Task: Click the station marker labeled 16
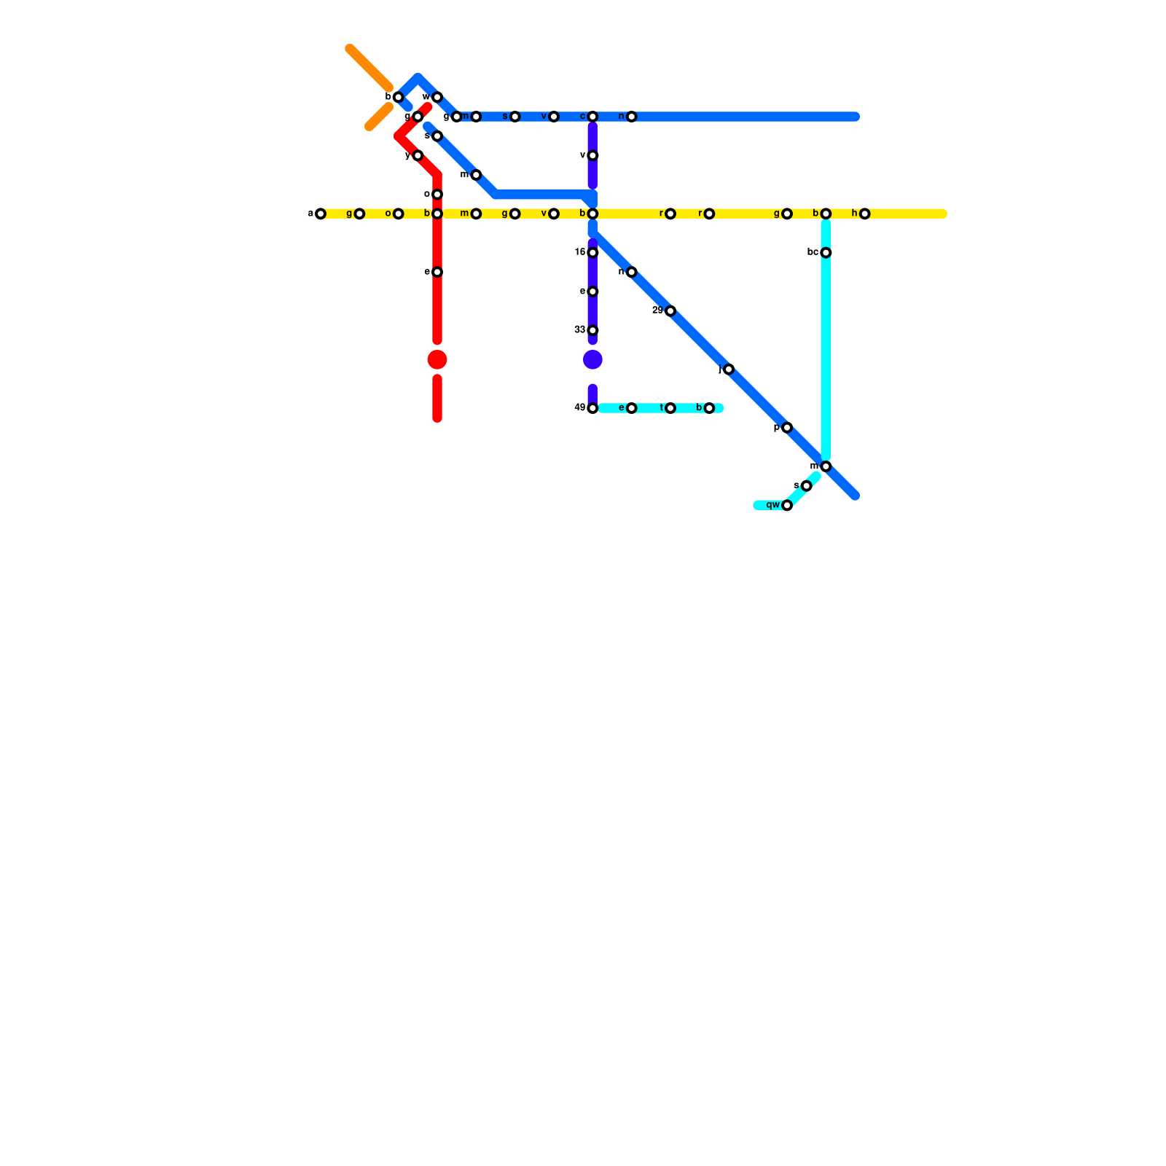pyautogui.click(x=592, y=253)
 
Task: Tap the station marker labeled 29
pyautogui.click(x=670, y=311)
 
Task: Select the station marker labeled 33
pyautogui.click(x=592, y=331)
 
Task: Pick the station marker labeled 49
pyautogui.click(x=592, y=408)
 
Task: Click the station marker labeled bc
pyautogui.click(x=826, y=253)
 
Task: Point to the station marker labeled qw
pyautogui.click(x=787, y=506)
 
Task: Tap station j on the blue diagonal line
pyautogui.click(x=728, y=369)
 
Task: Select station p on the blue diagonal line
pyautogui.click(x=787, y=428)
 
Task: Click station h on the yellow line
pyautogui.click(x=864, y=214)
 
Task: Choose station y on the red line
pyautogui.click(x=418, y=156)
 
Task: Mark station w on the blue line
pyautogui.click(x=437, y=98)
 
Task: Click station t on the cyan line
pyautogui.click(x=670, y=408)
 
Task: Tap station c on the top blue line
pyautogui.click(x=592, y=117)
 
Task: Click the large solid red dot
pyautogui.click(x=437, y=360)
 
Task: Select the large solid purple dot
pyautogui.click(x=592, y=360)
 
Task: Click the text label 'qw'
pyautogui.click(x=773, y=505)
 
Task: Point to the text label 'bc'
pyautogui.click(x=813, y=252)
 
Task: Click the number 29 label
pyautogui.click(x=657, y=310)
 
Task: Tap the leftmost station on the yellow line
pyautogui.click(x=320, y=214)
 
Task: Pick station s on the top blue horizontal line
pyautogui.click(x=514, y=117)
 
